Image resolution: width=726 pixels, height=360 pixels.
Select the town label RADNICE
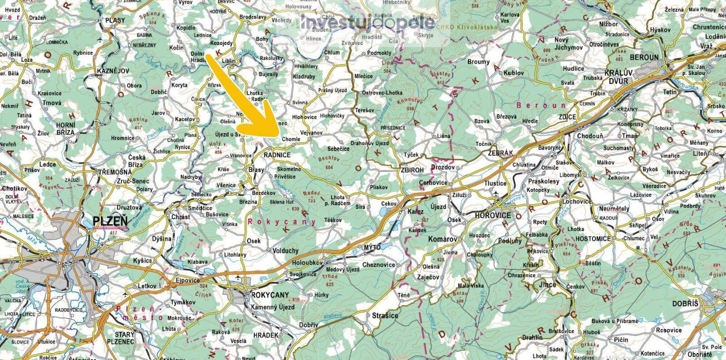point(276,155)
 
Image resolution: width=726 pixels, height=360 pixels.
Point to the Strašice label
point(385,315)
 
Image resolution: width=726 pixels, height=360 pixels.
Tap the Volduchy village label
point(285,250)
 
